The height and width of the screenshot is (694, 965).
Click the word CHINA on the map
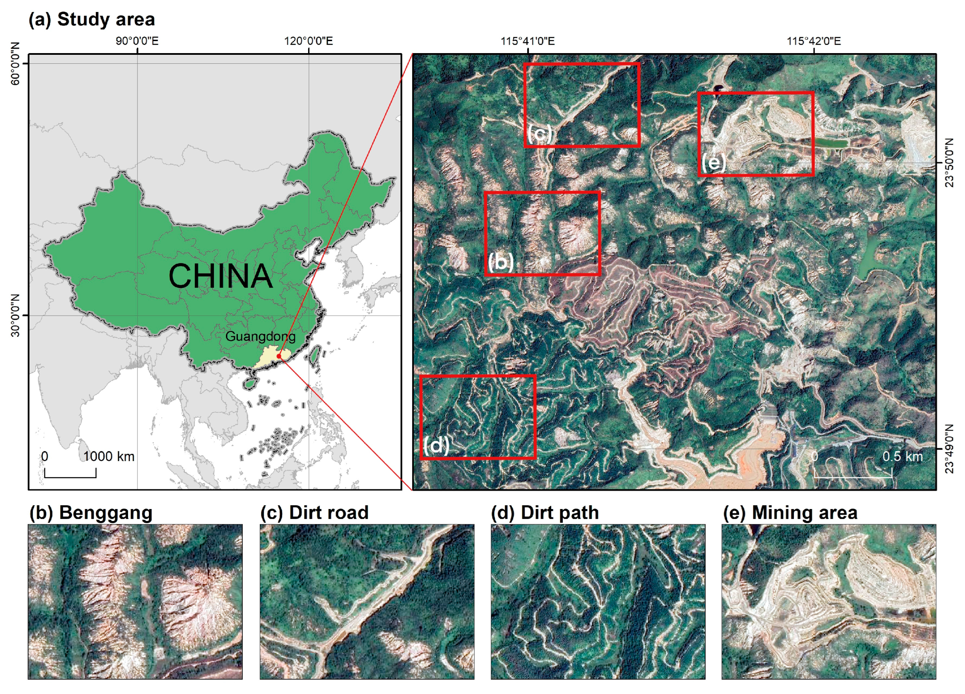click(220, 276)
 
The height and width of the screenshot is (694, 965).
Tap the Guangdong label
click(260, 337)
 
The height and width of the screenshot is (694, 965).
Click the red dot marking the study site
click(279, 356)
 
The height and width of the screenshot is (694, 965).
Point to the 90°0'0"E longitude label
click(137, 41)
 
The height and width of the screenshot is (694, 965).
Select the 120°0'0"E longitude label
click(308, 41)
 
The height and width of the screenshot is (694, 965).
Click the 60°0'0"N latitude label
click(15, 64)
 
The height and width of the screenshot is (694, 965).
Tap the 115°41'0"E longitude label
click(528, 41)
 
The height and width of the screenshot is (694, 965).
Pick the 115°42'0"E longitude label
click(814, 41)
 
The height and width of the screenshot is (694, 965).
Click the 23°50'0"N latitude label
click(949, 163)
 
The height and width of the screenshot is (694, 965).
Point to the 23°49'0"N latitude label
click(949, 449)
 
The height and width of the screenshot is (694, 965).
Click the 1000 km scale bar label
click(109, 456)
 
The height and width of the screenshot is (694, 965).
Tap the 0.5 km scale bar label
click(902, 456)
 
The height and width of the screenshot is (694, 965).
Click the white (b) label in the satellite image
click(501, 261)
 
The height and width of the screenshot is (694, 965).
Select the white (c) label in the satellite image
click(540, 134)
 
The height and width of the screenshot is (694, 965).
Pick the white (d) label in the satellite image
click(436, 445)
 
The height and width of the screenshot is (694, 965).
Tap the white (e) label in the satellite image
click(713, 163)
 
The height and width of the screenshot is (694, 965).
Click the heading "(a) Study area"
click(92, 20)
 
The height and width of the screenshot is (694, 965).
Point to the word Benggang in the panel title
click(106, 513)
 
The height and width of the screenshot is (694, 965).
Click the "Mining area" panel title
click(804, 513)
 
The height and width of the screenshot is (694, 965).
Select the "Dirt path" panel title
click(559, 513)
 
